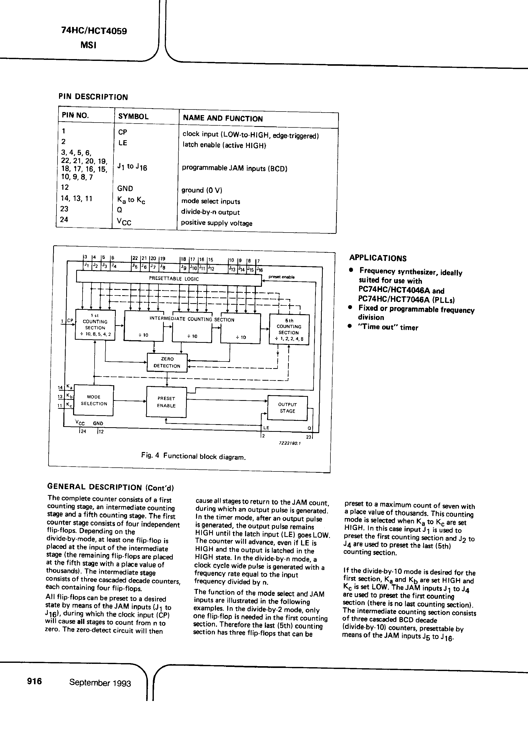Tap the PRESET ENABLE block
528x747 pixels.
[166, 402]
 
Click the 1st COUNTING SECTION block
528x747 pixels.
[95, 325]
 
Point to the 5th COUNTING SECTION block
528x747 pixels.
[289, 329]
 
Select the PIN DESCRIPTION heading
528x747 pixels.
[93, 97]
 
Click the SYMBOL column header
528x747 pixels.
[133, 116]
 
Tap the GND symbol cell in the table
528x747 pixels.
[125, 188]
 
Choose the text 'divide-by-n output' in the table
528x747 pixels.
[210, 212]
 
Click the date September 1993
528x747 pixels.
[100, 683]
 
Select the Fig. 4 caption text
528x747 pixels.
[193, 456]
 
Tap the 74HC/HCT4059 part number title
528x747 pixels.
[94, 31]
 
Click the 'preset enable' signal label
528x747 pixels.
[282, 277]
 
